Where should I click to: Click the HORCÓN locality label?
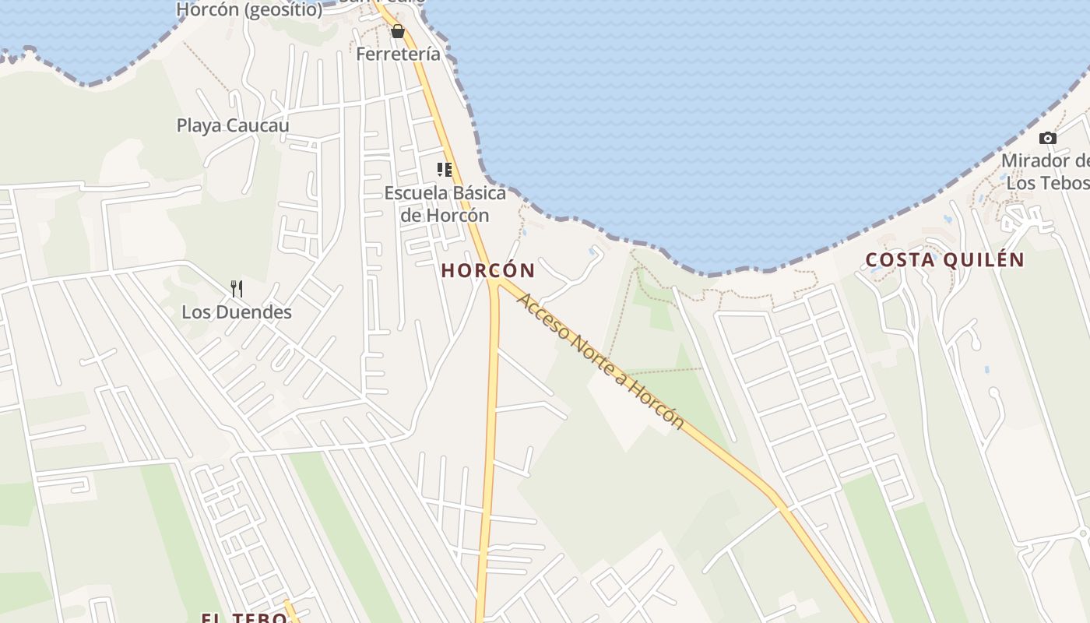pyautogui.click(x=488, y=271)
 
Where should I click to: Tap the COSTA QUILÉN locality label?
pyautogui.click(x=945, y=260)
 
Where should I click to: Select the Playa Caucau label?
pyautogui.click(x=233, y=125)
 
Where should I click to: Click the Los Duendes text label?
pyautogui.click(x=237, y=312)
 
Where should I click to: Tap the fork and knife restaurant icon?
pyautogui.click(x=237, y=289)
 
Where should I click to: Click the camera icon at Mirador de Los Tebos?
pyautogui.click(x=1048, y=139)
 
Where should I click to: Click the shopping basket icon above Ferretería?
pyautogui.click(x=398, y=31)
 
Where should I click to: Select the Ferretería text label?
pyautogui.click(x=398, y=55)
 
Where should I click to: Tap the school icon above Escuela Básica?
pyautogui.click(x=445, y=170)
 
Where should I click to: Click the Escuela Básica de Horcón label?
pyautogui.click(x=445, y=204)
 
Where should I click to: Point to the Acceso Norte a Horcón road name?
pyautogui.click(x=600, y=361)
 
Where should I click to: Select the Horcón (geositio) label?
pyautogui.click(x=249, y=10)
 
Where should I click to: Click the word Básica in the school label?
pyautogui.click(x=476, y=193)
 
